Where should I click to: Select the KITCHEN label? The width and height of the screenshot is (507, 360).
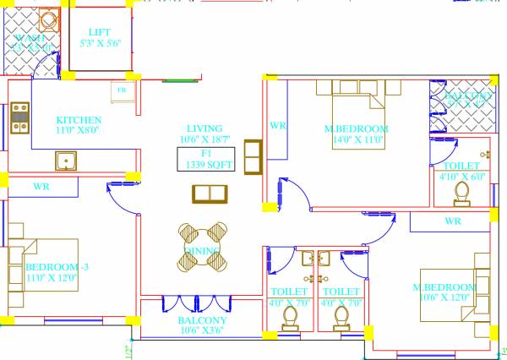click(x=79, y=120)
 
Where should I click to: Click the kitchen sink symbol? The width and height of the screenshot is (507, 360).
click(x=65, y=161)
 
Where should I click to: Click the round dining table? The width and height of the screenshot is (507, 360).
click(x=204, y=245)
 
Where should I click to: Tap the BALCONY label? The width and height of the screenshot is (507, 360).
click(x=202, y=320)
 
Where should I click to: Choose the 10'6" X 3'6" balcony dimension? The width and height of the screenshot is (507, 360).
click(x=202, y=331)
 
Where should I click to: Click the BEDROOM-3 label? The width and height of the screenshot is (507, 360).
click(x=52, y=265)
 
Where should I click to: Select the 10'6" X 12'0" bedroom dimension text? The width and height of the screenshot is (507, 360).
click(x=444, y=297)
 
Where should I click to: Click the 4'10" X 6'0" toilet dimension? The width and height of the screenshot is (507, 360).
click(x=462, y=177)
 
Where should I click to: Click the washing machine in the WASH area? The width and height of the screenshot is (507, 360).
click(x=49, y=20)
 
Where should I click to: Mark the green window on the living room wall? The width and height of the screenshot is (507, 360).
click(x=177, y=81)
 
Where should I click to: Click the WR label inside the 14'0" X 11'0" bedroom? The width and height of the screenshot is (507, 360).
click(x=277, y=125)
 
